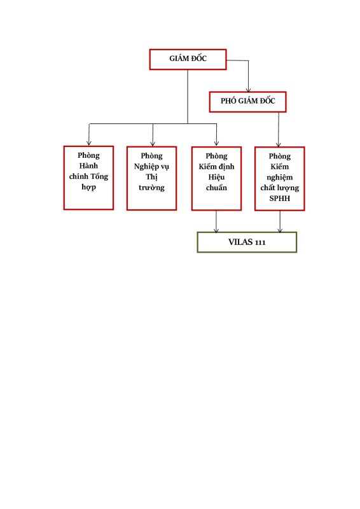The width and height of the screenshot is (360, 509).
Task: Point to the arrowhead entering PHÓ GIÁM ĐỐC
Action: coord(248,90)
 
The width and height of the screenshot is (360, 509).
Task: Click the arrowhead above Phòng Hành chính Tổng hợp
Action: coord(88,143)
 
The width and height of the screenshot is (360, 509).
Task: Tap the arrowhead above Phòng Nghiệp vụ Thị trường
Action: coord(153,144)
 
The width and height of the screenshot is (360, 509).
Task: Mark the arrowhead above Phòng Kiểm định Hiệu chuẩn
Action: coord(216,144)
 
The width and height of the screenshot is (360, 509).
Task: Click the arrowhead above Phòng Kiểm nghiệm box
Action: coord(278,144)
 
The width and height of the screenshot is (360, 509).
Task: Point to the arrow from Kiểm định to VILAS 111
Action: coord(216,221)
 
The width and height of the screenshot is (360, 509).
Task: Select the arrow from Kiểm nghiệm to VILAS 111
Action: coord(280,221)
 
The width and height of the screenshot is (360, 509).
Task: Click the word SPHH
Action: coord(279,199)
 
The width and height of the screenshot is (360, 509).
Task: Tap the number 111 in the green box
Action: coord(260,242)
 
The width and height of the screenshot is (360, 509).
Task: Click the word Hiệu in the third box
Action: coord(216,178)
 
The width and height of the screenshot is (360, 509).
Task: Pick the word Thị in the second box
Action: coord(151,177)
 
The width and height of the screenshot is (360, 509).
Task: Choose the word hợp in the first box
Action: coord(88,187)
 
